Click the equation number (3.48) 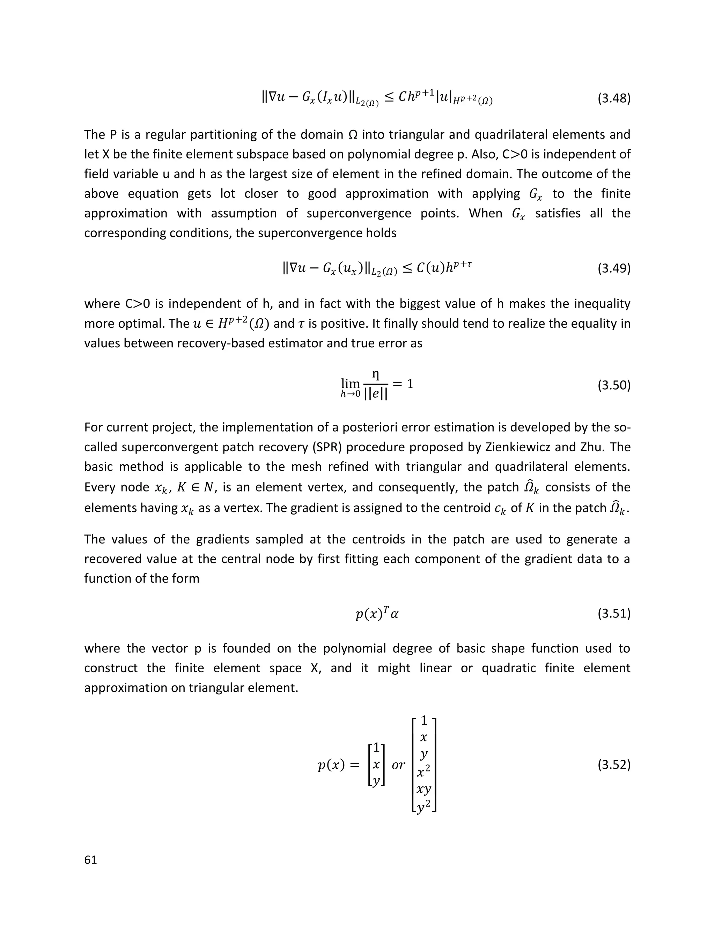pos(614,99)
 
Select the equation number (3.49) pos(614,268)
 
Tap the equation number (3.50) pos(614,385)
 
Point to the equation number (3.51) pos(614,613)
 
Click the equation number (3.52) pos(614,765)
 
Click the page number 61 pos(91,859)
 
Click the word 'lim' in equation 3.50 pos(350,384)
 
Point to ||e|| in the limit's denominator pos(376,394)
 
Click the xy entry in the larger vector pos(423,789)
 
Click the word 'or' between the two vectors pos(398,765)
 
